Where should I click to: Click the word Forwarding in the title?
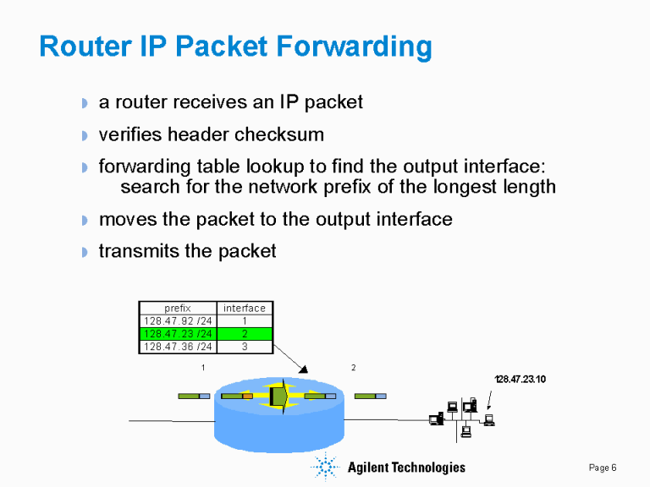(x=364, y=47)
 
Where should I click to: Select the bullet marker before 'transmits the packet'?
(x=84, y=253)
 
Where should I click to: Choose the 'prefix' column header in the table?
(x=178, y=309)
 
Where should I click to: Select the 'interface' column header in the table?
(x=244, y=309)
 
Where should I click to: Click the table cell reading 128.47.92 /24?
(x=178, y=321)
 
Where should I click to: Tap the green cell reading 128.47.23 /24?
(x=178, y=334)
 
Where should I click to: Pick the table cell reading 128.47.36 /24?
(x=178, y=347)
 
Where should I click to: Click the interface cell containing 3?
(x=244, y=347)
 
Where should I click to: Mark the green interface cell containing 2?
(x=244, y=334)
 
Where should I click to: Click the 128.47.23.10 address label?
(x=520, y=379)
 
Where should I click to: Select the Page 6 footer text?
(x=603, y=468)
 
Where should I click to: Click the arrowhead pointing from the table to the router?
(x=303, y=368)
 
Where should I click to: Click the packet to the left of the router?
(x=194, y=396)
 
